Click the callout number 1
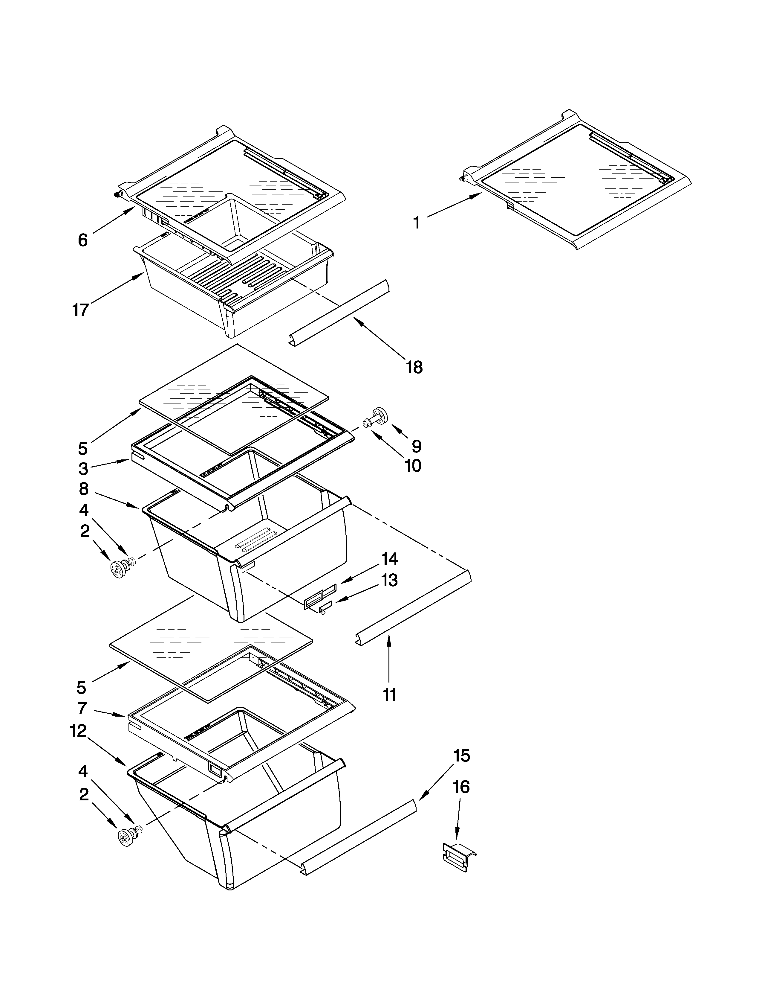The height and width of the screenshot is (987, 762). click(x=416, y=223)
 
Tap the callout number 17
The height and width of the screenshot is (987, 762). click(x=81, y=310)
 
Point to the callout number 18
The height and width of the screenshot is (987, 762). click(x=414, y=367)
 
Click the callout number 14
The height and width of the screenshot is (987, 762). click(x=389, y=559)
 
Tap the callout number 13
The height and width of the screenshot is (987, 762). click(x=389, y=580)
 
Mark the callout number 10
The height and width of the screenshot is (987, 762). click(x=413, y=465)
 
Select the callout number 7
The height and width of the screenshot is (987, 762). click(x=82, y=708)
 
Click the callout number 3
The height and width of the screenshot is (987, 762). click(x=83, y=469)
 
